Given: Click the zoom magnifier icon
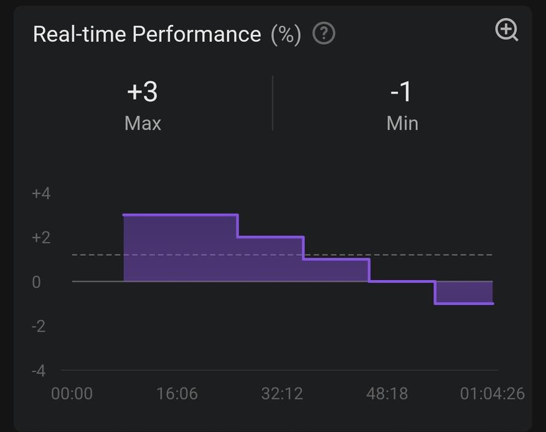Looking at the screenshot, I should tap(506, 30).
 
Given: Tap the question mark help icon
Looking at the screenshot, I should tap(324, 34).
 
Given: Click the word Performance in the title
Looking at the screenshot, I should tap(196, 34).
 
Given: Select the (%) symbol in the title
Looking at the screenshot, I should tap(286, 34).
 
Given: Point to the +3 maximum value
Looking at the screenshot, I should tap(143, 92).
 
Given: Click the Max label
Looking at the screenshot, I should tap(143, 123).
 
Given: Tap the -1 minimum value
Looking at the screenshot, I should tap(402, 92).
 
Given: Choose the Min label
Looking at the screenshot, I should tap(402, 123).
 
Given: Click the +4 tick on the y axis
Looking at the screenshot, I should tap(41, 194).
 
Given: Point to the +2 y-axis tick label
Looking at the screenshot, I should tap(41, 238).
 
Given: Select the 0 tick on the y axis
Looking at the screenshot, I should tap(36, 282).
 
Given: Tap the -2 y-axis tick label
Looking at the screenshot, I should tap(39, 326).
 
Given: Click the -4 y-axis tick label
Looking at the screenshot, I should tap(39, 371).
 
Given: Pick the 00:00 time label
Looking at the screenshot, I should tap(72, 394).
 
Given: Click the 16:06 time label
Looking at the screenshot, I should tap(177, 394).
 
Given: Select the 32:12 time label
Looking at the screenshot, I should tap(282, 394).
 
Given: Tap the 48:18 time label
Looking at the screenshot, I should tap(387, 394).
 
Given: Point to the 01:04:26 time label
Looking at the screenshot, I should tap(492, 394).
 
